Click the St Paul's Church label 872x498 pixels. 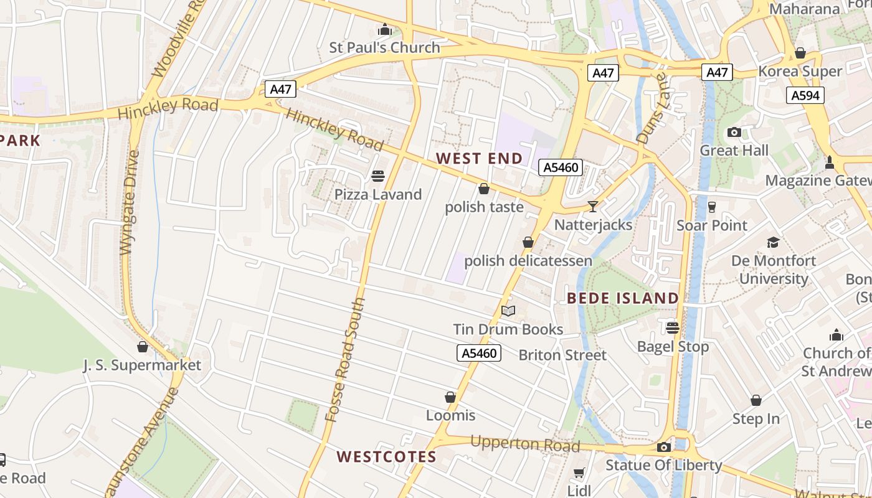[x=384, y=47]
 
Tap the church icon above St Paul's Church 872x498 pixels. [x=384, y=30]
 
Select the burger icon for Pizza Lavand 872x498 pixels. [x=378, y=176]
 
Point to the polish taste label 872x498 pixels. [x=484, y=207]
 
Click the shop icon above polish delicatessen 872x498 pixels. [x=528, y=242]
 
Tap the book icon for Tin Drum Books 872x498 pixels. [x=508, y=311]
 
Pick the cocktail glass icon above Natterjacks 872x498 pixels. [x=593, y=206]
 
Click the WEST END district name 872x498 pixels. [x=480, y=158]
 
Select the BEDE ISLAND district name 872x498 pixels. [x=623, y=298]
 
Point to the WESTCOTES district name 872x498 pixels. [x=387, y=457]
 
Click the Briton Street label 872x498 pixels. [x=562, y=355]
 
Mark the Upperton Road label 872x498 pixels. [x=525, y=444]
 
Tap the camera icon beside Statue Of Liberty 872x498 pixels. [x=664, y=447]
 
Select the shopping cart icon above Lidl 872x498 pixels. [x=579, y=473]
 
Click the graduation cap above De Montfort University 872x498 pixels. [x=773, y=242]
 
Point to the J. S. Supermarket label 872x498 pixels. [x=143, y=365]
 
